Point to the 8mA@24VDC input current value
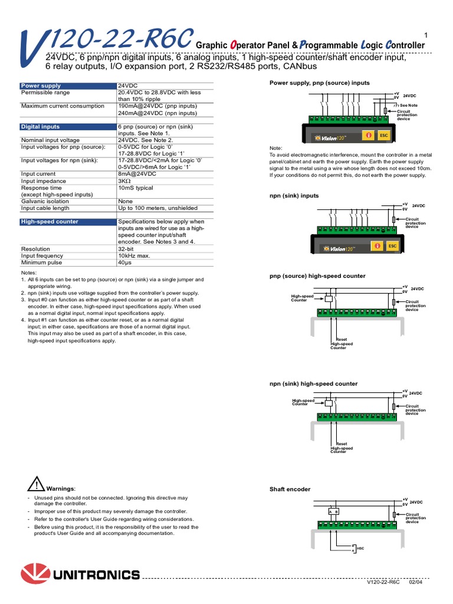(x=137, y=174)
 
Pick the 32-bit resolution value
(x=127, y=249)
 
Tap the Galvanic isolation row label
(x=45, y=201)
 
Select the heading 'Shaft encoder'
(x=290, y=489)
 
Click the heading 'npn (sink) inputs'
(x=294, y=195)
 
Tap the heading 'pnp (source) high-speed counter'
(x=317, y=276)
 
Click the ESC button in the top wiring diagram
(x=384, y=135)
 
